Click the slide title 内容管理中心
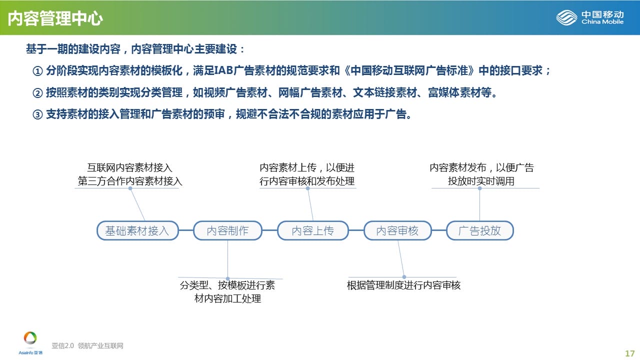click(x=55, y=18)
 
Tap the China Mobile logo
click(x=589, y=17)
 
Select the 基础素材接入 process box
click(x=137, y=230)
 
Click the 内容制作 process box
click(x=227, y=230)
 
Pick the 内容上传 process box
click(x=313, y=230)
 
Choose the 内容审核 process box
click(x=397, y=230)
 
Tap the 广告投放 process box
click(x=480, y=230)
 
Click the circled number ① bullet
click(x=37, y=71)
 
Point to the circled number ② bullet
click(x=37, y=93)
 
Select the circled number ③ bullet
click(x=37, y=114)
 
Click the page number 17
click(x=629, y=353)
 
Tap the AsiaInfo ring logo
click(x=30, y=338)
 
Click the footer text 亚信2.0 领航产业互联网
click(x=87, y=345)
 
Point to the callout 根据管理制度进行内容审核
click(x=403, y=285)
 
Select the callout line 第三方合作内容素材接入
click(x=129, y=181)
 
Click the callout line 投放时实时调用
click(x=481, y=181)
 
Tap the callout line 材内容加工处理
click(x=227, y=298)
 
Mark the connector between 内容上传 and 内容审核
click(x=356, y=230)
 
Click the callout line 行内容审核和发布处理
click(x=307, y=181)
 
